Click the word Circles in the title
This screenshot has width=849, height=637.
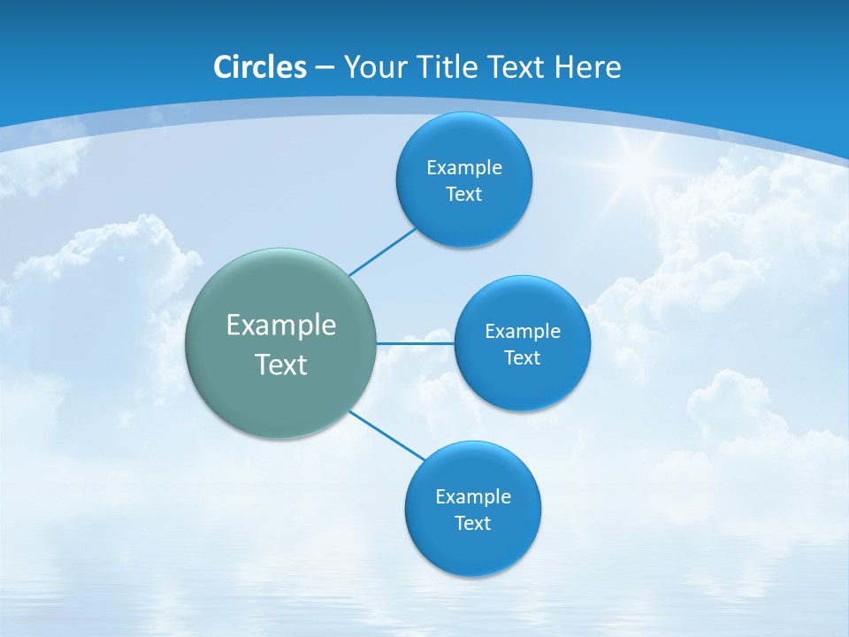[259, 67]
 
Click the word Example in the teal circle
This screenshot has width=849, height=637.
[281, 326]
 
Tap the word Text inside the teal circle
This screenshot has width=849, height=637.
[281, 365]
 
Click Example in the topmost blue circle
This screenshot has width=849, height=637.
[464, 167]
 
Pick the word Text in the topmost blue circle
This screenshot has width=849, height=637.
[463, 194]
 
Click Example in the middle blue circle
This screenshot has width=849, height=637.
[523, 331]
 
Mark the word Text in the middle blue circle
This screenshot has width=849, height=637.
[522, 357]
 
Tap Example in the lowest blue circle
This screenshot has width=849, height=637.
[473, 496]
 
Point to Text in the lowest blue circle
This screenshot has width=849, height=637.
[472, 523]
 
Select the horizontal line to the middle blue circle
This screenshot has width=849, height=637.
[415, 343]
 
